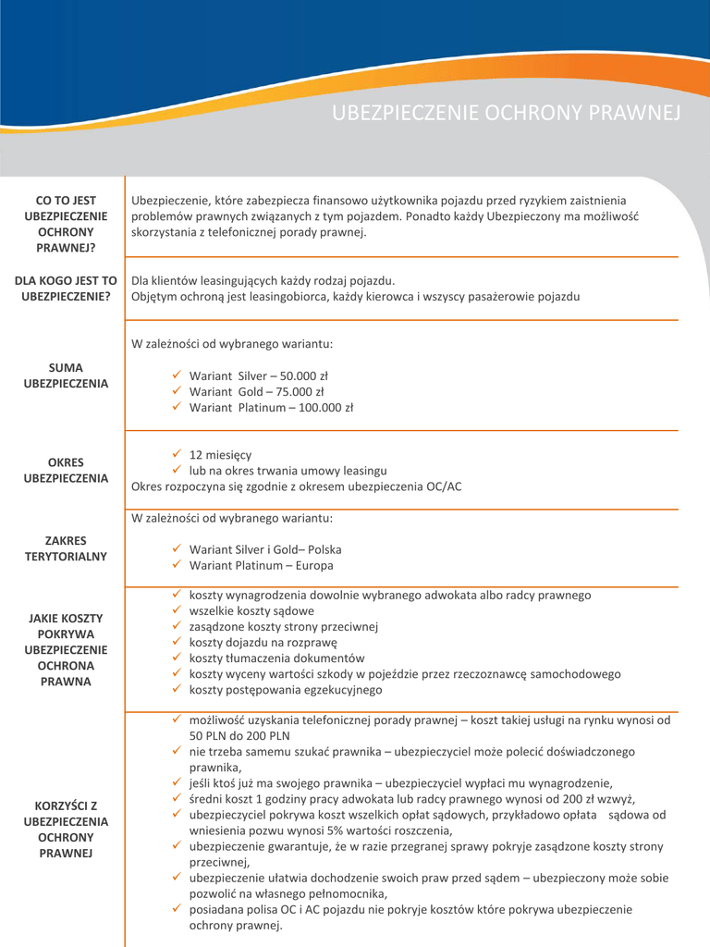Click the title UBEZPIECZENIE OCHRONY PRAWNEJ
point(506,113)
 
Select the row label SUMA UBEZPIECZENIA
point(66,375)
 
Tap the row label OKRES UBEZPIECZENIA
point(66,470)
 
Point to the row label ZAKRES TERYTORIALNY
point(66,548)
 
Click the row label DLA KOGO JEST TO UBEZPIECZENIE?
point(66,288)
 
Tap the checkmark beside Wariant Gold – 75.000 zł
point(177,391)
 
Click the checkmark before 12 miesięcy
point(177,454)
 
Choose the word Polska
point(324,549)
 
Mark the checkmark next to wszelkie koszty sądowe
point(177,610)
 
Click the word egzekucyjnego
point(339,690)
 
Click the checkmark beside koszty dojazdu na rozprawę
point(177,642)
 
